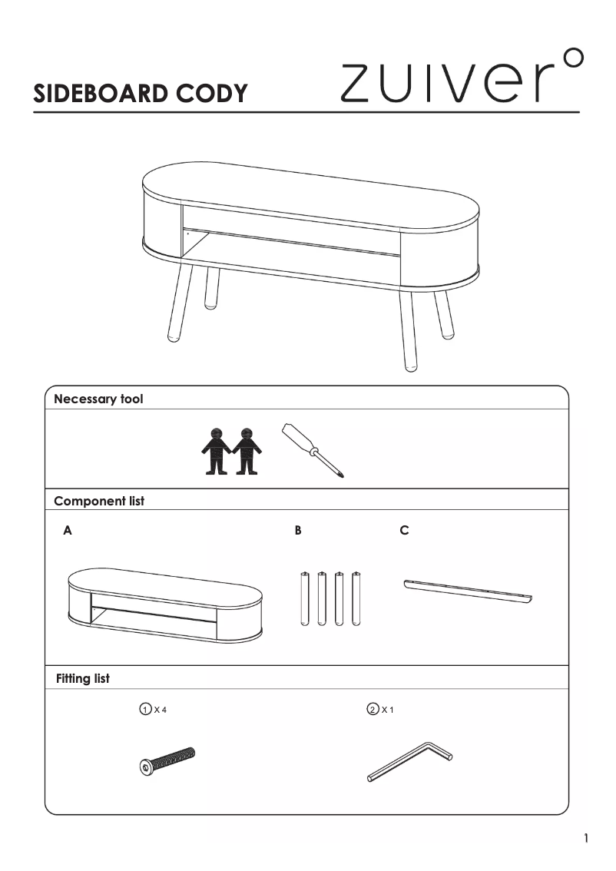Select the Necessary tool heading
pos(98,399)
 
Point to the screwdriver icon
pos(313,450)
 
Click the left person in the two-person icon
pos(216,451)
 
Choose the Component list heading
pos(99,501)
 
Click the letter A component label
pos(68,531)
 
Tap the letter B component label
pos(298,531)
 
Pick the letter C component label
pos(404,531)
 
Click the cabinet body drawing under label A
pos(165,604)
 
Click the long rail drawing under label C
pos(468,591)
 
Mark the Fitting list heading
pos(83,678)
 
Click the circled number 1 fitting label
pos(145,710)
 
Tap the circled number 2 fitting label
pos(373,710)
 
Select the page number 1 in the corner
pos(585,838)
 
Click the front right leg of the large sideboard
pos(408,330)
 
